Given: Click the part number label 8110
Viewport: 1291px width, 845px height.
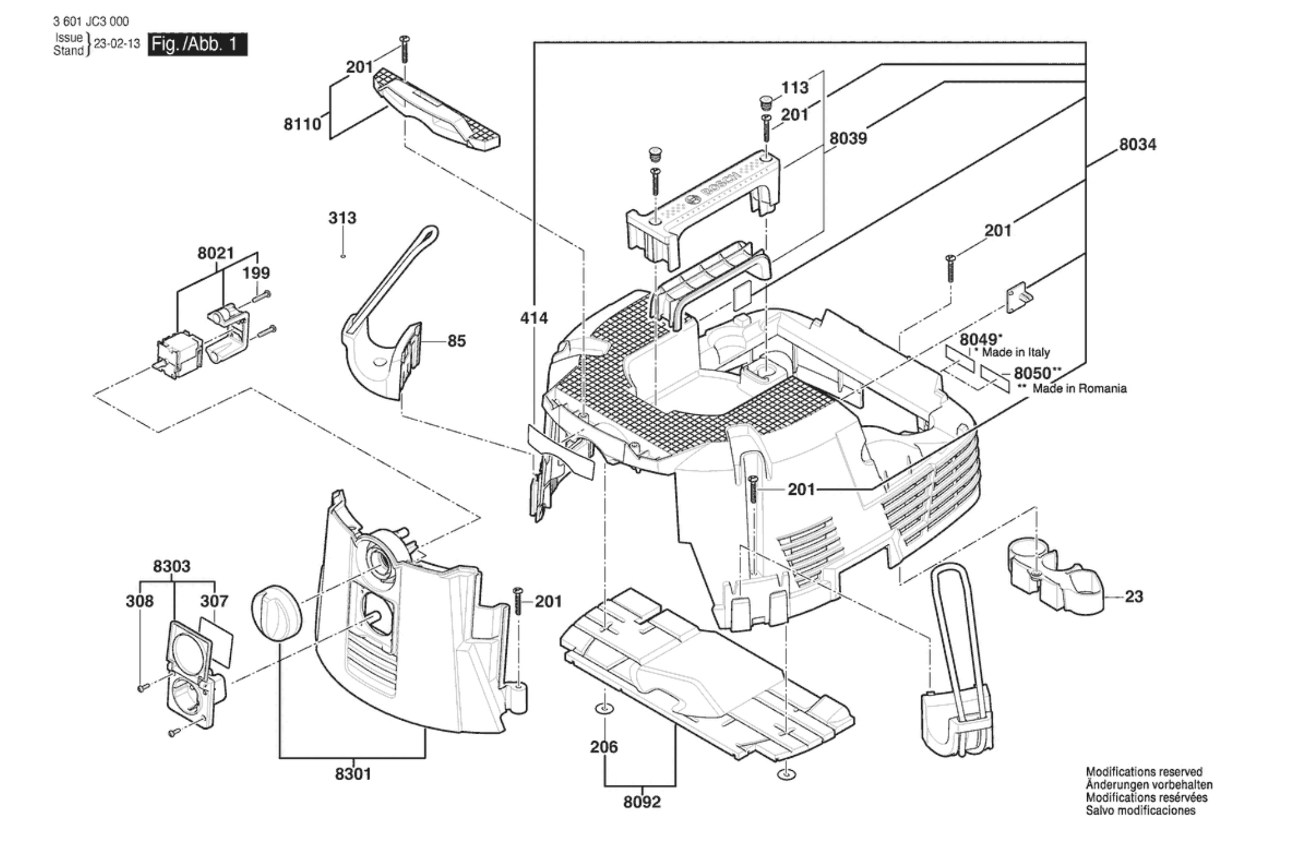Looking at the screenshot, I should (x=302, y=124).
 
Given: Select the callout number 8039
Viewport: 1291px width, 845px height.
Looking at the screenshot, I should (x=848, y=138).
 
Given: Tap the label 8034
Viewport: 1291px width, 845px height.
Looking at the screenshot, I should (x=1137, y=145).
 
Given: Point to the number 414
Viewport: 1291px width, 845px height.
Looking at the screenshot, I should (x=534, y=318).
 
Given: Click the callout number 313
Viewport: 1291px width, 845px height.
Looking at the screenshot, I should (x=342, y=218).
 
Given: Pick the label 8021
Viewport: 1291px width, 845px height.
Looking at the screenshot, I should (x=216, y=253).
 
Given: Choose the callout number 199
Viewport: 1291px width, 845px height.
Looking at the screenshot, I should (x=256, y=272).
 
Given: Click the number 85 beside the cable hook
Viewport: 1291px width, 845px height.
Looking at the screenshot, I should (x=456, y=341).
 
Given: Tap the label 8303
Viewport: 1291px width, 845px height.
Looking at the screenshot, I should (x=171, y=566).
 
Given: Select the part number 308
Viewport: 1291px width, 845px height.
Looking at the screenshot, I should (x=140, y=601).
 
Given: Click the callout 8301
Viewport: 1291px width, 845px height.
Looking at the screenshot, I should (x=353, y=774).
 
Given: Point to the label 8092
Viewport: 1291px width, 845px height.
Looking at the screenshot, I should (x=642, y=802).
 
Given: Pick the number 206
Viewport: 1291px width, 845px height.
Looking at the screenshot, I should (x=604, y=747).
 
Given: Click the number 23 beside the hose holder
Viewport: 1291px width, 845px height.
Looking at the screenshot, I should (x=1134, y=596).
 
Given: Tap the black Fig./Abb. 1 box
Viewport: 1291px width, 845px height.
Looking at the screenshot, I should (x=197, y=45).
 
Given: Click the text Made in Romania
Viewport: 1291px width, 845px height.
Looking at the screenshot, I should (x=1079, y=388).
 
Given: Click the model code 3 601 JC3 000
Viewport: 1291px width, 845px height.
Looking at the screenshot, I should (x=91, y=21).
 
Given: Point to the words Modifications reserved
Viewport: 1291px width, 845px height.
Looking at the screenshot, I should (x=1144, y=772).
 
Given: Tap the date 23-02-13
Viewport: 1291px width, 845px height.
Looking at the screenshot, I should (x=117, y=44).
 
